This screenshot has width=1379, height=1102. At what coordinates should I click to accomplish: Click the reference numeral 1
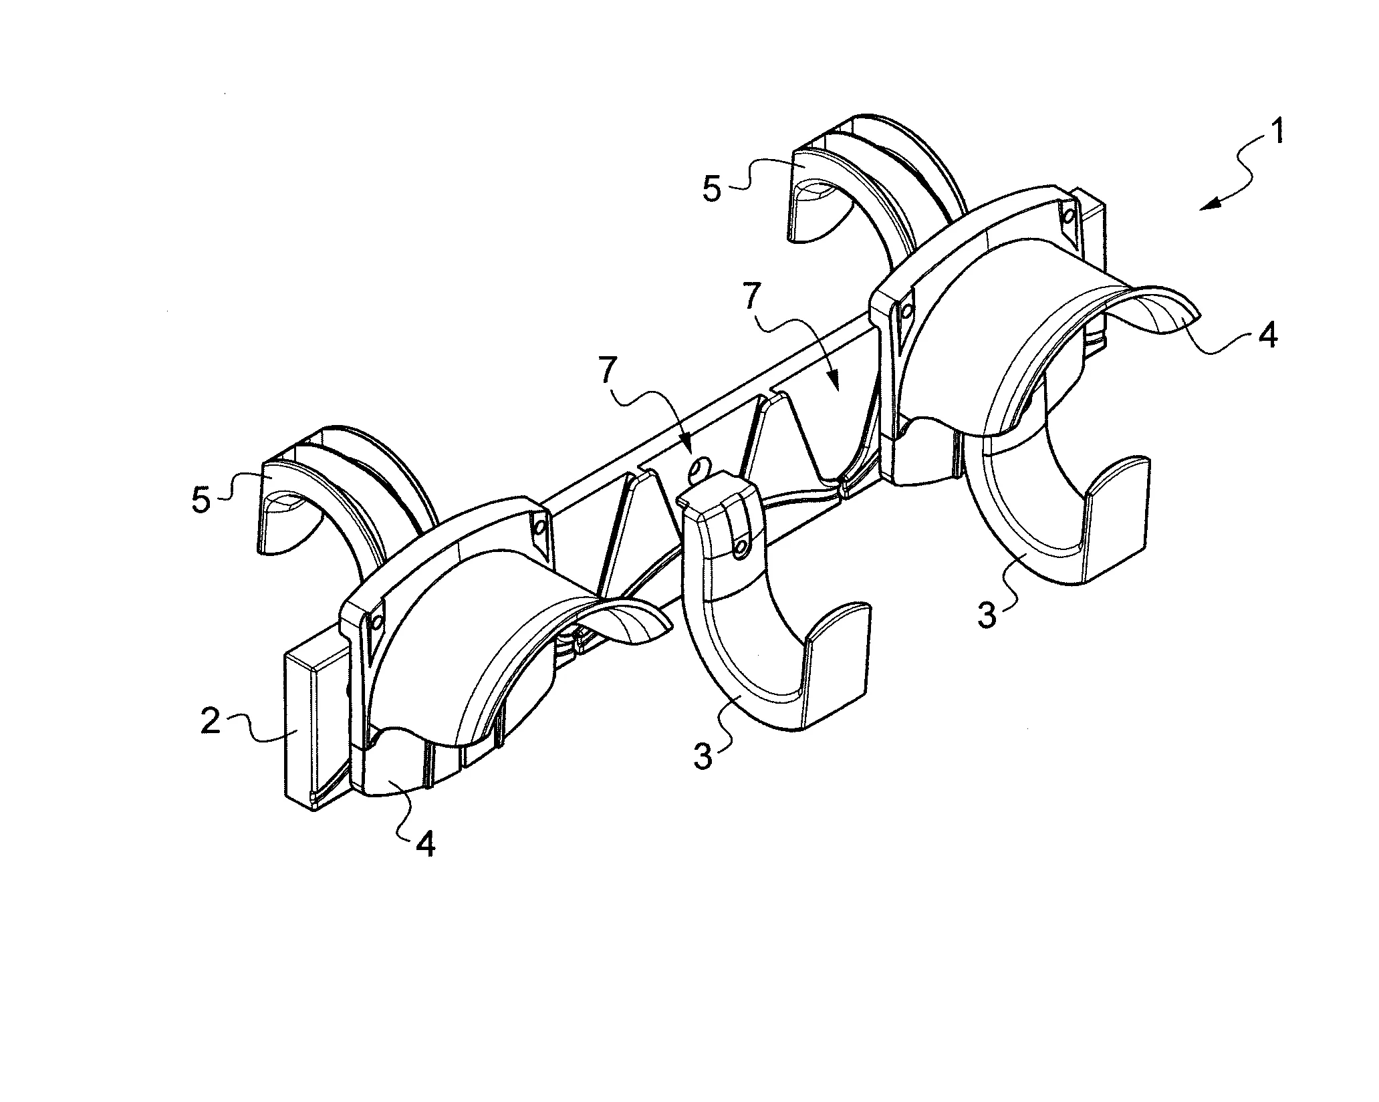1275,133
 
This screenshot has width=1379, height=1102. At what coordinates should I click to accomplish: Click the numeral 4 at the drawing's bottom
425,844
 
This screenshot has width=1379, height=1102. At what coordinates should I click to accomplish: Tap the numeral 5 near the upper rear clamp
712,189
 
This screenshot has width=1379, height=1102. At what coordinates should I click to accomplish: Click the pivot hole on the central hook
740,548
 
